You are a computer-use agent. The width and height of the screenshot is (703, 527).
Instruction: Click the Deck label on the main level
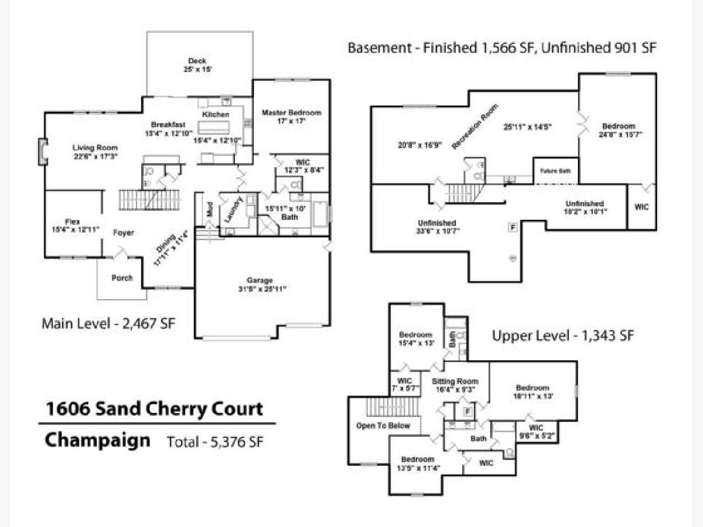(x=197, y=61)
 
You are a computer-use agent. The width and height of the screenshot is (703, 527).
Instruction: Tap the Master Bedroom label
(x=291, y=112)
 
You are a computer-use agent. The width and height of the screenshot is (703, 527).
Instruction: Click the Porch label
(x=122, y=278)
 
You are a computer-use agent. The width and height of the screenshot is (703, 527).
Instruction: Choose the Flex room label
(x=72, y=221)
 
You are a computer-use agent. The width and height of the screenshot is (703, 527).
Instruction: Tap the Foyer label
(x=124, y=232)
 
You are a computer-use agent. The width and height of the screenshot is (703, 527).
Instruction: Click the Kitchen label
(x=216, y=114)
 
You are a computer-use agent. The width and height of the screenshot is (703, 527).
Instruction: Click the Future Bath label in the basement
(x=555, y=170)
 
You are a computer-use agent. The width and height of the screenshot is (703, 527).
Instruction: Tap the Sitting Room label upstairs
(x=455, y=381)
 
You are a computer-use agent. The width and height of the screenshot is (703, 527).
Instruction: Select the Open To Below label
(x=383, y=425)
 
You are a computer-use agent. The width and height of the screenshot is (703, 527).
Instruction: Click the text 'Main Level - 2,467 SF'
(x=109, y=323)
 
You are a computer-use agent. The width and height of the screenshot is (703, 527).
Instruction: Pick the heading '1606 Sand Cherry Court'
(x=153, y=409)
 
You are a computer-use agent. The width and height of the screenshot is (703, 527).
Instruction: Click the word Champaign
(x=97, y=439)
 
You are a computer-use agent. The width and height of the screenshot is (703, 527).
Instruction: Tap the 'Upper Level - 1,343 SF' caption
(x=563, y=336)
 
